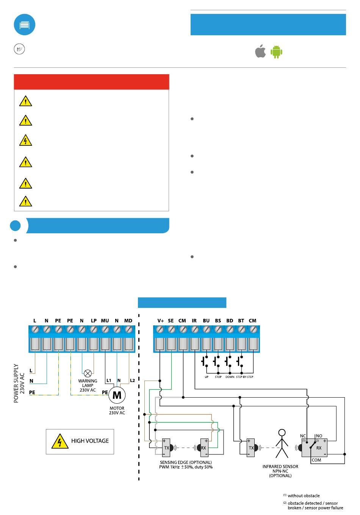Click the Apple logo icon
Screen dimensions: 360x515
click(x=260, y=51)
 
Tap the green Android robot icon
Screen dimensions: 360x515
click(x=276, y=51)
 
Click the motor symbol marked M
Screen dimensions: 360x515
click(x=117, y=395)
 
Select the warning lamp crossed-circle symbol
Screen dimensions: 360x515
click(x=88, y=373)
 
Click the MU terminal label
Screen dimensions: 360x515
click(x=105, y=320)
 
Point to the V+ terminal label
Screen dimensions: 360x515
click(x=161, y=320)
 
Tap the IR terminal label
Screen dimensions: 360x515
click(x=194, y=320)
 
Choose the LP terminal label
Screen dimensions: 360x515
click(x=94, y=320)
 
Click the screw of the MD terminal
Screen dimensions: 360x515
click(x=128, y=330)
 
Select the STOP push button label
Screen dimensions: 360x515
click(x=218, y=377)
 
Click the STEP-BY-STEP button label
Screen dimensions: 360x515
click(x=244, y=377)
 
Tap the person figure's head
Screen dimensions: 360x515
click(x=282, y=433)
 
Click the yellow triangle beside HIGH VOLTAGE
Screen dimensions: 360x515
click(x=60, y=442)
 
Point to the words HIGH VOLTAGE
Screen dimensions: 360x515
click(x=90, y=441)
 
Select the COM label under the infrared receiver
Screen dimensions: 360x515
click(x=316, y=460)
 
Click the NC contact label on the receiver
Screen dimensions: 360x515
click(x=303, y=436)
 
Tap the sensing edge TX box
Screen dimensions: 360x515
click(x=166, y=448)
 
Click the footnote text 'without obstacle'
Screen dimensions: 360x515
click(x=304, y=496)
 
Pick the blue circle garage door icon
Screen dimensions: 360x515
click(x=24, y=25)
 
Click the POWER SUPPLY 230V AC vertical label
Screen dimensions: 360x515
click(x=19, y=383)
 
